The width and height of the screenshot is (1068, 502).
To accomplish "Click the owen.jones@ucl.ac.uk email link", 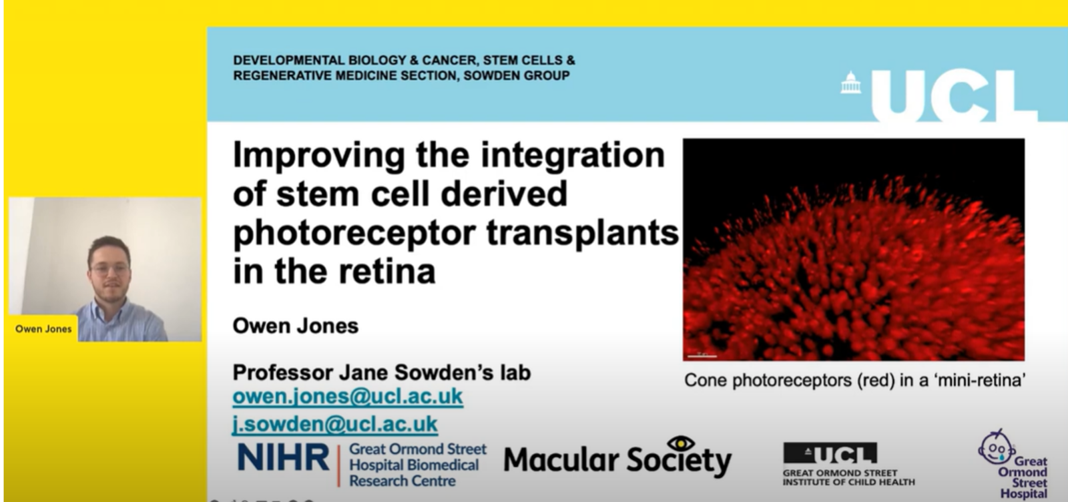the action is coord(348,396).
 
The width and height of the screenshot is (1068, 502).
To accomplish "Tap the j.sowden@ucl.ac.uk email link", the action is coord(334,424).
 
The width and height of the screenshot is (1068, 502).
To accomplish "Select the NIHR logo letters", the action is coord(283,457).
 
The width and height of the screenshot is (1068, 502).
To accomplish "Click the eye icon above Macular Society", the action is coord(681,443).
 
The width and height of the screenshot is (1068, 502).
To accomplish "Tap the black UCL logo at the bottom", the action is coord(830,453).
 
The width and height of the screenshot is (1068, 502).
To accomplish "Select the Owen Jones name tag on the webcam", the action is coord(43,328).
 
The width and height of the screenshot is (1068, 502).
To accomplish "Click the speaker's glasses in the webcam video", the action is coord(111,269).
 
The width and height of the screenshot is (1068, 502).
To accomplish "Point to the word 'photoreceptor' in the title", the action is coord(355,234).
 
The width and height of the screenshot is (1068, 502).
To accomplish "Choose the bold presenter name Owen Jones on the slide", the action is coord(296,326).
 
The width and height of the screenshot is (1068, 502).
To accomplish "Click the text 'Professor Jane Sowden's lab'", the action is coord(381,372).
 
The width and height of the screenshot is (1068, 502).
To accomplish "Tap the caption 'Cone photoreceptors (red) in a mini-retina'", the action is coord(855,380).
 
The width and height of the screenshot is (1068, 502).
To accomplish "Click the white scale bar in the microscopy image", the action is coord(702,356).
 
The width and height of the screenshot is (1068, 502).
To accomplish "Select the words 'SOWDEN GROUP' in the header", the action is coord(517,75).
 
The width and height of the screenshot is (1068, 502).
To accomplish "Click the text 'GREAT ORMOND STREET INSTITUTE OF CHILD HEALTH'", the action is coord(848,477).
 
